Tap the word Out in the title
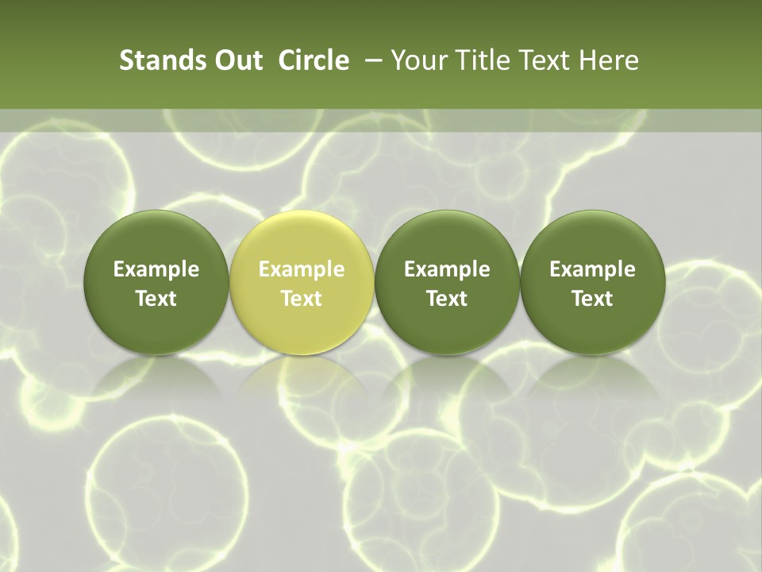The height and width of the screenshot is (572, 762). pos(237,60)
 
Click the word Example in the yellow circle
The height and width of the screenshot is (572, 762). pos(302,269)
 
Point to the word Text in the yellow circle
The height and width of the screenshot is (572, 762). pos(302,299)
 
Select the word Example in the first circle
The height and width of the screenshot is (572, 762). pos(156,269)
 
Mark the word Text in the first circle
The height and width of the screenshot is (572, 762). pos(156,299)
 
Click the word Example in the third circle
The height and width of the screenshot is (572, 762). pos(447,269)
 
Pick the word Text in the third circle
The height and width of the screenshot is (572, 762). pos(447,299)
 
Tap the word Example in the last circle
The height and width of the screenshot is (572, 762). pos(592,269)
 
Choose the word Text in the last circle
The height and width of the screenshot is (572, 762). pos(592,299)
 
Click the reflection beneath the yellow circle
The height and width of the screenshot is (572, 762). pos(302,381)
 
